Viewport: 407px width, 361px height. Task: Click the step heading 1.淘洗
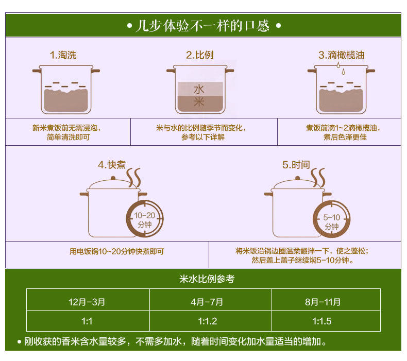pos(63,55)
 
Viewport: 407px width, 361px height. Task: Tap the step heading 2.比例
pos(199,55)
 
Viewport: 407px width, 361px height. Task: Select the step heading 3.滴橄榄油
pos(341,55)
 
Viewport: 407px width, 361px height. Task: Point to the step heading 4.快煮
pos(112,165)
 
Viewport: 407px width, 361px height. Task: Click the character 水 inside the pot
pos(199,89)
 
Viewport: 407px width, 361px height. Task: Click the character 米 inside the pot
pos(199,102)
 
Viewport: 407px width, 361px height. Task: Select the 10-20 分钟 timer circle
pos(143,220)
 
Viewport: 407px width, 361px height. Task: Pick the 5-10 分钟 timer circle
pos(332,220)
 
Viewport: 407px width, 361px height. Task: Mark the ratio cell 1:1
pos(87,321)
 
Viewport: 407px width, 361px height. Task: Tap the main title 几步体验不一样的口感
pos(202,26)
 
